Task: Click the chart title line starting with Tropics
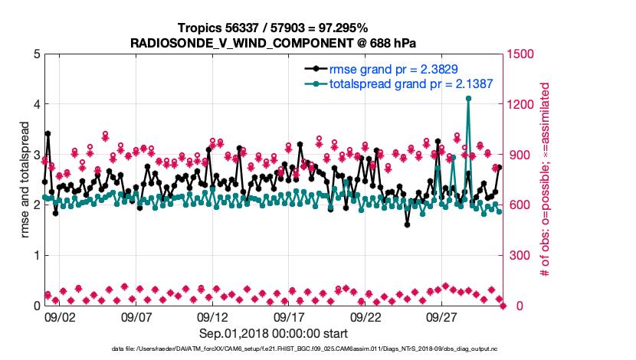[274, 28]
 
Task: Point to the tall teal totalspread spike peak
[468, 99]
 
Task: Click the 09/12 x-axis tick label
[212, 316]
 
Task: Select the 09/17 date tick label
[289, 316]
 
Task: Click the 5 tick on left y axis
[36, 54]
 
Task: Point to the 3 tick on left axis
[36, 155]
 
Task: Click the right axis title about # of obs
[546, 179]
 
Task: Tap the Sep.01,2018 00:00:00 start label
[274, 333]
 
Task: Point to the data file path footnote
[274, 349]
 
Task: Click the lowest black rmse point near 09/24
[408, 224]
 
